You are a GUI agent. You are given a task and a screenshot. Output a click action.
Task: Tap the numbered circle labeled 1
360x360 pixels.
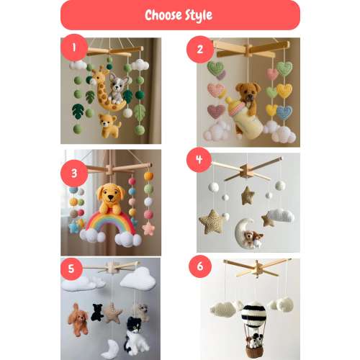point(74,48)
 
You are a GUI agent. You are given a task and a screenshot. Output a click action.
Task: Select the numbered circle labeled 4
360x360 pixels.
point(199,160)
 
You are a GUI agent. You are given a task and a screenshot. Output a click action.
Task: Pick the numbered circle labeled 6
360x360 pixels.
point(200,266)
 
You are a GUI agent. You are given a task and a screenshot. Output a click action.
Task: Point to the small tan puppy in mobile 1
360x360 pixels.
point(109,125)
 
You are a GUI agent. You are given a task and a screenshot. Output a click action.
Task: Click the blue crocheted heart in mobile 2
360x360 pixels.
point(284,112)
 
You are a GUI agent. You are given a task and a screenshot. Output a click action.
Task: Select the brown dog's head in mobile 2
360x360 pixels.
point(248,92)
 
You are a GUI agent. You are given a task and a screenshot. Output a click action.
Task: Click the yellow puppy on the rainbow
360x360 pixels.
point(111,198)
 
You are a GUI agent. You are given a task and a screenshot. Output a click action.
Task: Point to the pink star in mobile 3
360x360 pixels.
point(148,228)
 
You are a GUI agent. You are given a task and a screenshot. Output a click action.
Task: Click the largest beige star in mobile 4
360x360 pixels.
point(212,222)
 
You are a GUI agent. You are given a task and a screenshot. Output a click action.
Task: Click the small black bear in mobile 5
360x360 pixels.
point(97,312)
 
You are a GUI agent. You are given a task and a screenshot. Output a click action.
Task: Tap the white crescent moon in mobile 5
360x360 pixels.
point(110,349)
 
